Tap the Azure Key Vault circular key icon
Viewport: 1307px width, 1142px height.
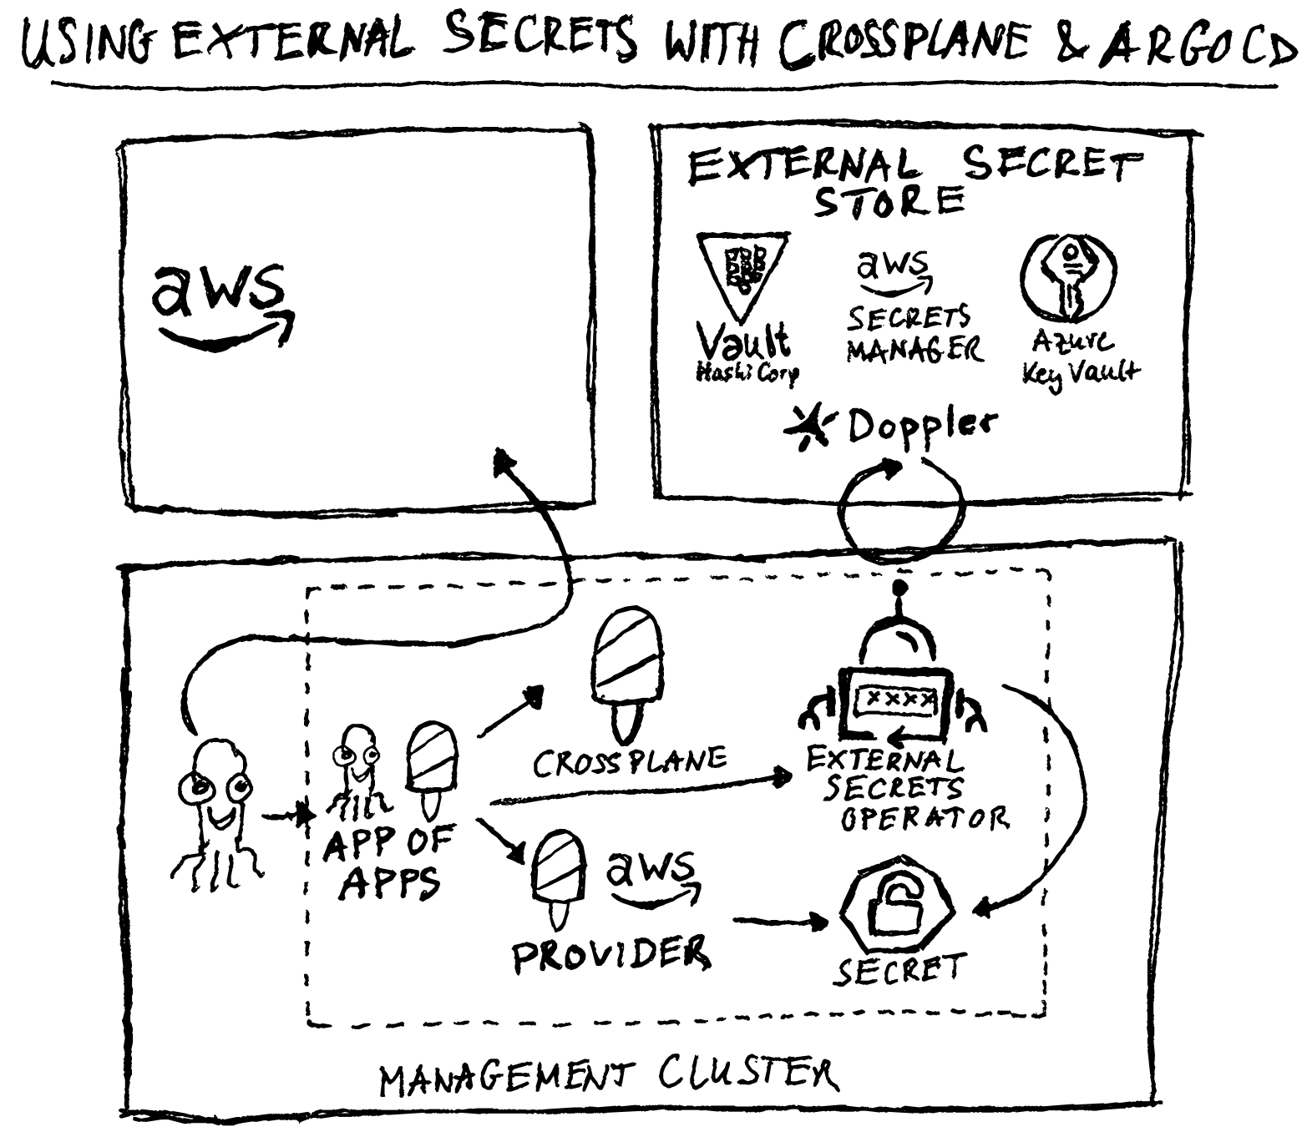tap(1068, 276)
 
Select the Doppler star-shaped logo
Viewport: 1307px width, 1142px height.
tap(807, 428)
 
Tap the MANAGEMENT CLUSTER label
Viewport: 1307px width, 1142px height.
tap(607, 1076)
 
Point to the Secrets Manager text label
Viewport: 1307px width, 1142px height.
tap(913, 334)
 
